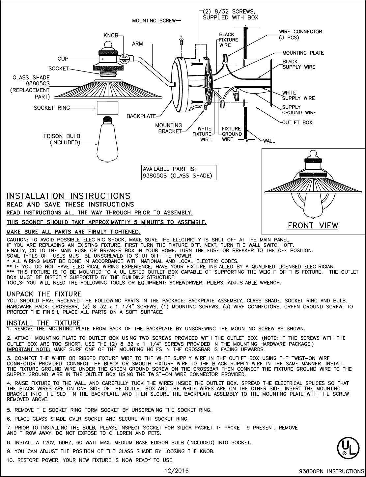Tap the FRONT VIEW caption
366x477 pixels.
point(313,225)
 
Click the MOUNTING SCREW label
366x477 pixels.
point(154,21)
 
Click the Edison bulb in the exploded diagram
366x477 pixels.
point(106,142)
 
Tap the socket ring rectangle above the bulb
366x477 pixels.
point(108,108)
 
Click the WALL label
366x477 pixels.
point(269,141)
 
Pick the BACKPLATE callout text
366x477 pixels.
point(141,116)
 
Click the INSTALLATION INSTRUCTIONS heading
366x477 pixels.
point(69,196)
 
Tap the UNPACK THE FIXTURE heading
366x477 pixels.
point(44,294)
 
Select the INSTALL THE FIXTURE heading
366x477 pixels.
point(43,323)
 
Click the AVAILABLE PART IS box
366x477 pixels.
point(179,172)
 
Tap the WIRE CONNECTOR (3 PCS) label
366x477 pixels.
point(300,34)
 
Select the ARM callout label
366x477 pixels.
point(138,43)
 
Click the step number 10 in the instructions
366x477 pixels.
point(10,460)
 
